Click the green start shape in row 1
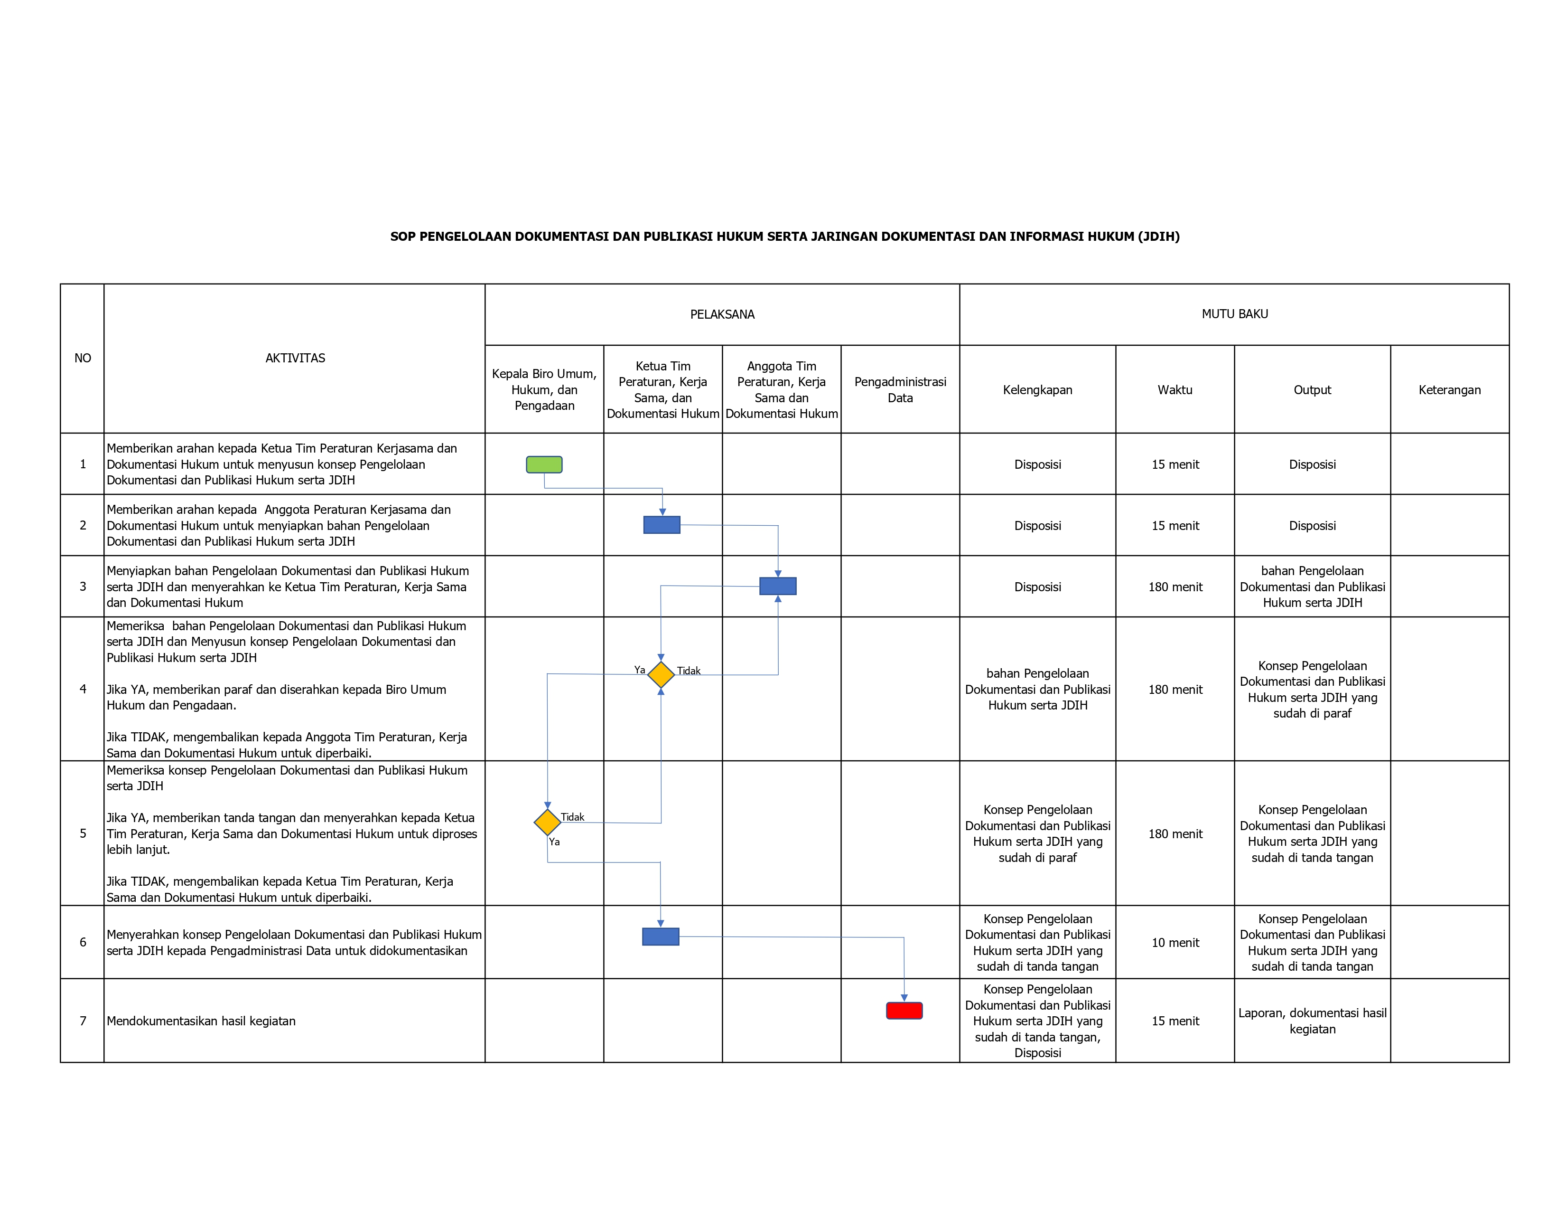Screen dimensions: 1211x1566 pos(544,465)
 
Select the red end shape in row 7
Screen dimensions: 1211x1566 pos(904,1011)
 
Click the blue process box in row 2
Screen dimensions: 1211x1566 pos(662,525)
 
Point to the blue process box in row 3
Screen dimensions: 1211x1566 pos(778,586)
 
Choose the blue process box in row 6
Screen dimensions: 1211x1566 pos(661,937)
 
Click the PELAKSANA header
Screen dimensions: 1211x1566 pos(722,314)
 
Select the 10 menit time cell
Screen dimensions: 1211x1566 pos(1175,943)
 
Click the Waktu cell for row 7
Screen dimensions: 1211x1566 pos(1175,1021)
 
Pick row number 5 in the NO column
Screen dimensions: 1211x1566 pos(83,833)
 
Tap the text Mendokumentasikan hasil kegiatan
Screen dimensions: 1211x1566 pos(201,1021)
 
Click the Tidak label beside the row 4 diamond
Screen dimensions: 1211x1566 pos(689,671)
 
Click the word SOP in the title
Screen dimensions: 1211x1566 pos(402,237)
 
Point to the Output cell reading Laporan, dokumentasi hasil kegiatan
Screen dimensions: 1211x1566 pos(1312,1021)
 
